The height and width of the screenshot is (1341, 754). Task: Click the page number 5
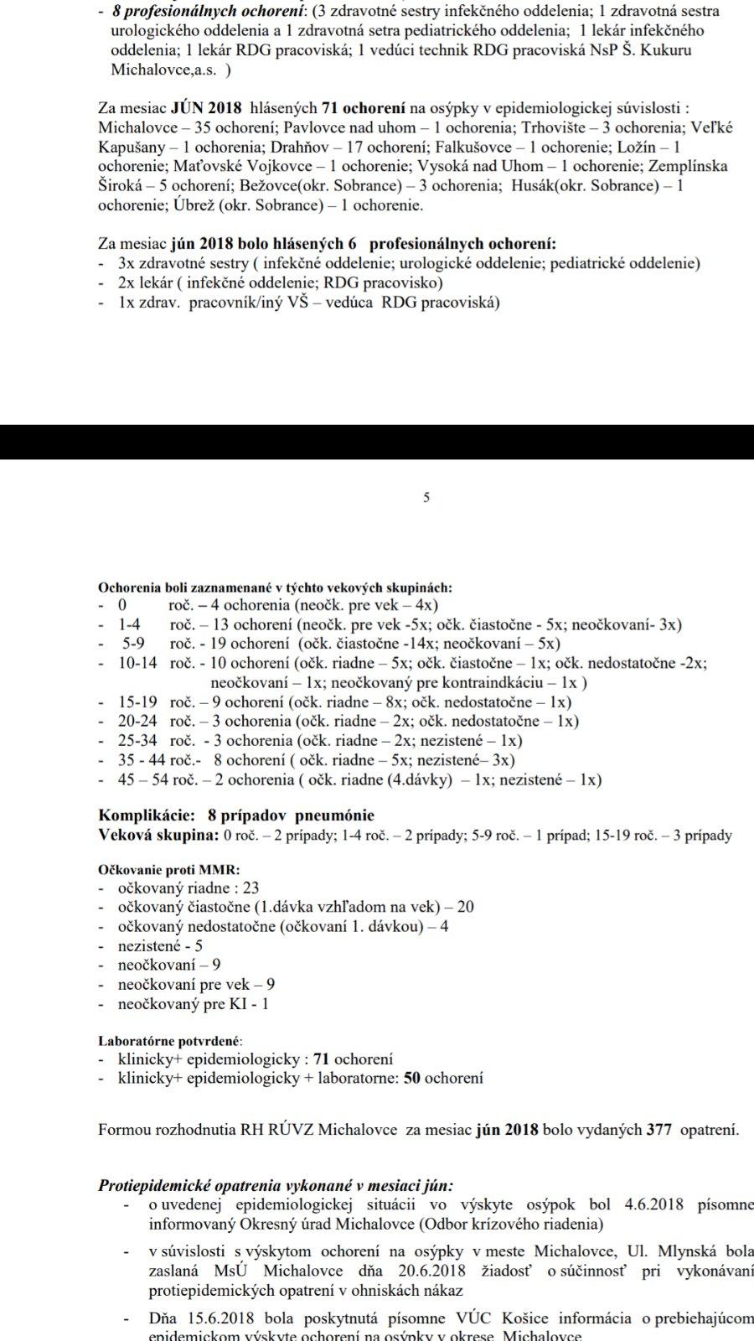426,498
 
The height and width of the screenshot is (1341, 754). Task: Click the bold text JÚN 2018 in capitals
206,108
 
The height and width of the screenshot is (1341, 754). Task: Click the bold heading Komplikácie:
147,815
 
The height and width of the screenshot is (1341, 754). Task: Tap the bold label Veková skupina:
159,835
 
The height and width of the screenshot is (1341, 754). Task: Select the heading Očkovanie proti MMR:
168,870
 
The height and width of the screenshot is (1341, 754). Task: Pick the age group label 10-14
137,663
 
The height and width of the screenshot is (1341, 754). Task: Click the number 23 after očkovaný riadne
250,888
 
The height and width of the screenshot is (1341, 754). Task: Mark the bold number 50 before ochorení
411,1079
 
